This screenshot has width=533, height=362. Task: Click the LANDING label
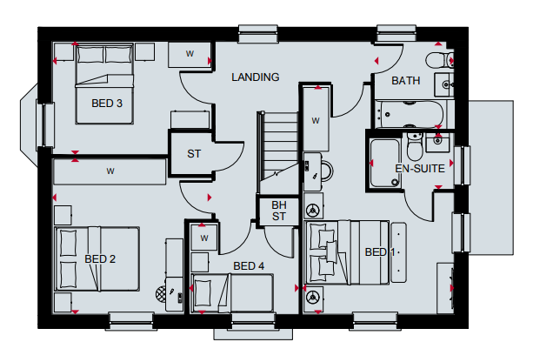click(x=256, y=77)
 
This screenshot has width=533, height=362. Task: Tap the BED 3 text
click(x=107, y=103)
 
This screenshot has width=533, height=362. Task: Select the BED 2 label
click(x=100, y=259)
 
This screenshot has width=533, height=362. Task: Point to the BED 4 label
click(x=249, y=265)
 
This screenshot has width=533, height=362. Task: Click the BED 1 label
click(x=380, y=252)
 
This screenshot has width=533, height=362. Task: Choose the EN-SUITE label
click(x=420, y=169)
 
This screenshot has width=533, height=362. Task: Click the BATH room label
click(x=405, y=81)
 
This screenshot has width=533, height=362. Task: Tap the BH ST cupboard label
click(x=279, y=211)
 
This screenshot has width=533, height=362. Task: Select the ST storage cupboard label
click(x=194, y=154)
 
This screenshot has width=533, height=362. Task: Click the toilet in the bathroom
click(x=439, y=60)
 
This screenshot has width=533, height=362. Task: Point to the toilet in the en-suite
click(x=415, y=147)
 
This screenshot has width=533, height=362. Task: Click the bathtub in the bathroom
click(x=409, y=114)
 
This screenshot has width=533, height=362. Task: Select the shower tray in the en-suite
click(x=384, y=163)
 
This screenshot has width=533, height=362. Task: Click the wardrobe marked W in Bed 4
click(x=204, y=238)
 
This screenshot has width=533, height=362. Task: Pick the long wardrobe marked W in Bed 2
click(x=110, y=171)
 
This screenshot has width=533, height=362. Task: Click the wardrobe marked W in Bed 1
click(x=316, y=119)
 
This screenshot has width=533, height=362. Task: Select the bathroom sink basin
click(x=444, y=84)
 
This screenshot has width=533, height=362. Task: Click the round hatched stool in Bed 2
click(x=161, y=293)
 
